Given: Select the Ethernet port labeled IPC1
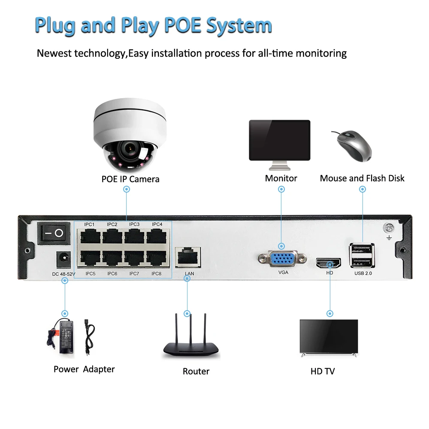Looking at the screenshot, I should (x=89, y=236).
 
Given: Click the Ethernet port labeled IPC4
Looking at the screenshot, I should (x=157, y=236).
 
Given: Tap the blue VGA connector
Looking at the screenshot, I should (x=282, y=259).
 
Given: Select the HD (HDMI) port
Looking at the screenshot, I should (x=329, y=262).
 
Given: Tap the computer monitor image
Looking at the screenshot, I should (x=279, y=140).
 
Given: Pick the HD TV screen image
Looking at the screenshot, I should (x=328, y=337).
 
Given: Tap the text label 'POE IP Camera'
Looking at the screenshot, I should (x=130, y=179).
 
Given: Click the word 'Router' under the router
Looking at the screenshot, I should (x=196, y=372).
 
